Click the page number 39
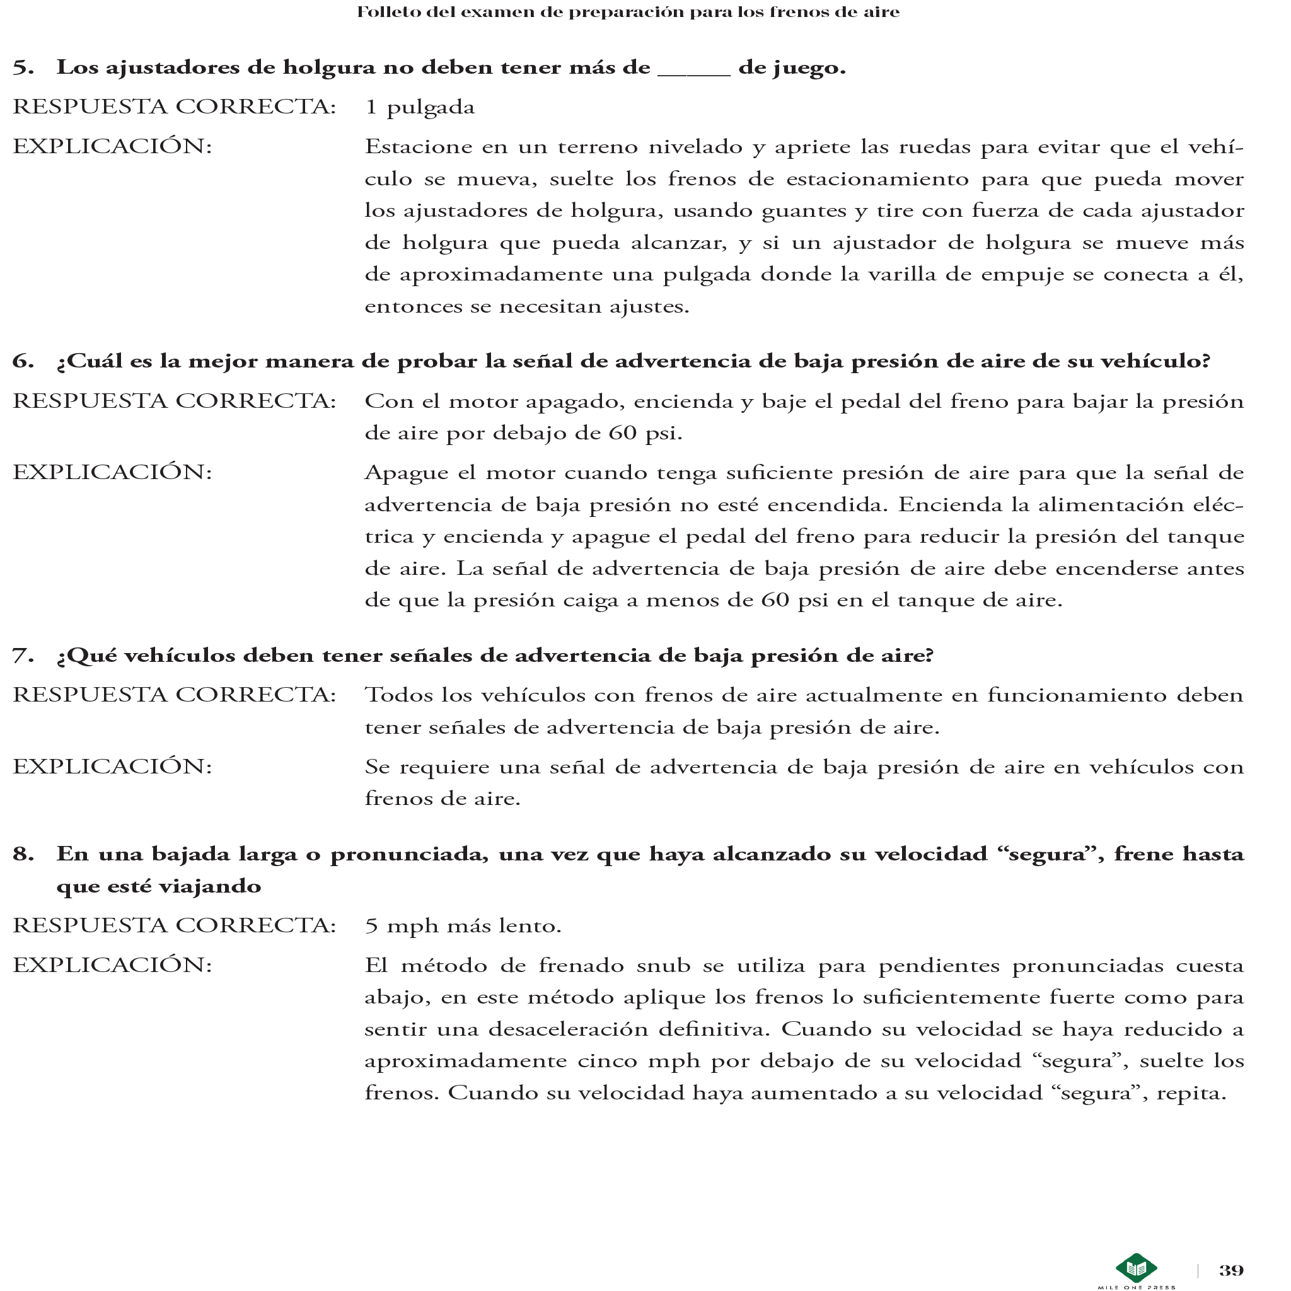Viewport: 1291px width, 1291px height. [x=1231, y=1270]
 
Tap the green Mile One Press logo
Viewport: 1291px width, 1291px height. [x=1136, y=1268]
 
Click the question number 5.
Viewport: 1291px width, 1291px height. [x=23, y=67]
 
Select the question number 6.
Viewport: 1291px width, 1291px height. [x=23, y=361]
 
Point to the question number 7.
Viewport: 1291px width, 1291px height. [x=23, y=656]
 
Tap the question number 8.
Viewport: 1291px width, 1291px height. [x=23, y=854]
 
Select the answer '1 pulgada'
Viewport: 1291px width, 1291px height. [x=420, y=108]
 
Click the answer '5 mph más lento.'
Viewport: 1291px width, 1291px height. [x=463, y=926]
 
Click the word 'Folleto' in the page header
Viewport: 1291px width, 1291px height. [x=386, y=12]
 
